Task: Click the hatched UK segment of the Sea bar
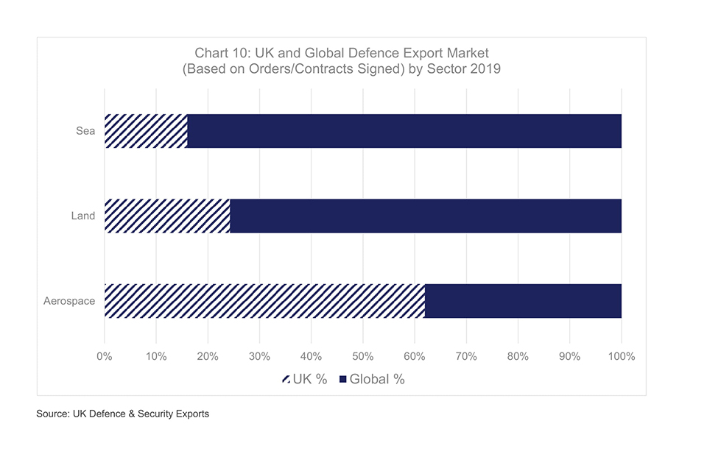pyautogui.click(x=146, y=131)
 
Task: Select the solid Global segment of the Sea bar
pyautogui.click(x=404, y=131)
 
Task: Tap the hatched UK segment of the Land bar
pyautogui.click(x=167, y=216)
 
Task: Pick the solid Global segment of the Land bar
pyautogui.click(x=426, y=216)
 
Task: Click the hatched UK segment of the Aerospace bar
pyautogui.click(x=264, y=300)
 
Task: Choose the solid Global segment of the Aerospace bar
pyautogui.click(x=523, y=300)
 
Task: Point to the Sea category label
pyautogui.click(x=85, y=132)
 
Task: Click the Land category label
pyautogui.click(x=83, y=216)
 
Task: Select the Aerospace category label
pyautogui.click(x=70, y=301)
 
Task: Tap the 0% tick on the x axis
pyautogui.click(x=105, y=357)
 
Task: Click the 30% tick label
pyautogui.click(x=259, y=357)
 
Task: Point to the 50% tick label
pyautogui.click(x=363, y=357)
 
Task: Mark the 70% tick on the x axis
pyautogui.click(x=466, y=357)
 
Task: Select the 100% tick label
pyautogui.click(x=622, y=357)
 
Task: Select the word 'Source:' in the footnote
pyautogui.click(x=53, y=414)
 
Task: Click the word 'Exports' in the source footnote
pyautogui.click(x=191, y=414)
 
